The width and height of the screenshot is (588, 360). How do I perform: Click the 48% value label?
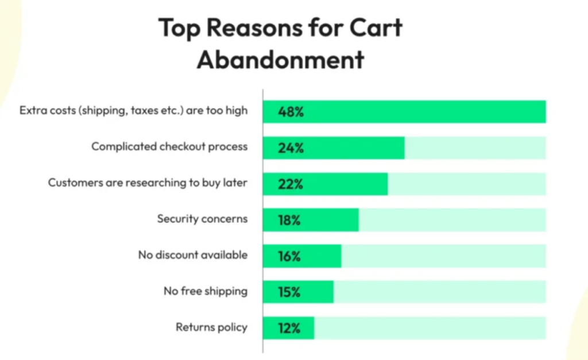point(290,112)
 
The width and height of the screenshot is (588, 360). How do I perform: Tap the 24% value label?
point(290,148)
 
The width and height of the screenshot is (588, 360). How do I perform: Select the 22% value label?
point(290,184)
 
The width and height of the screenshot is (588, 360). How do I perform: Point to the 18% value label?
point(289,220)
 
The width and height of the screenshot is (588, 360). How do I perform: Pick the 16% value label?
point(289,256)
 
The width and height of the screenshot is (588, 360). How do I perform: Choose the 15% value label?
point(289,292)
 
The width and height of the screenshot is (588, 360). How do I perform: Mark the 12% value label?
point(289,328)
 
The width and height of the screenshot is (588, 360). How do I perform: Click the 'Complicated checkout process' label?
point(169,146)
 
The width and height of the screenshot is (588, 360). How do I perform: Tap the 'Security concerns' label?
point(202,219)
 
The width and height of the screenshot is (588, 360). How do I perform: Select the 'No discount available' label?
point(192,255)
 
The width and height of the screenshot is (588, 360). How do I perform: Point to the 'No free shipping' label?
point(205,291)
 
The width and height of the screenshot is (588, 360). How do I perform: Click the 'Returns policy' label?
point(211,327)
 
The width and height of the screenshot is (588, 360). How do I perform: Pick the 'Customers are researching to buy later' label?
point(148,183)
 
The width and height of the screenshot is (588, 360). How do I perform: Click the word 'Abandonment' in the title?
point(280,59)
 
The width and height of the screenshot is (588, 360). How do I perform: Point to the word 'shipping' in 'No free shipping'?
point(226,292)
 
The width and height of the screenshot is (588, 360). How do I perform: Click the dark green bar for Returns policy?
point(303,328)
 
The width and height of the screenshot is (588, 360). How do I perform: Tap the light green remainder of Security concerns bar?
point(452,220)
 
